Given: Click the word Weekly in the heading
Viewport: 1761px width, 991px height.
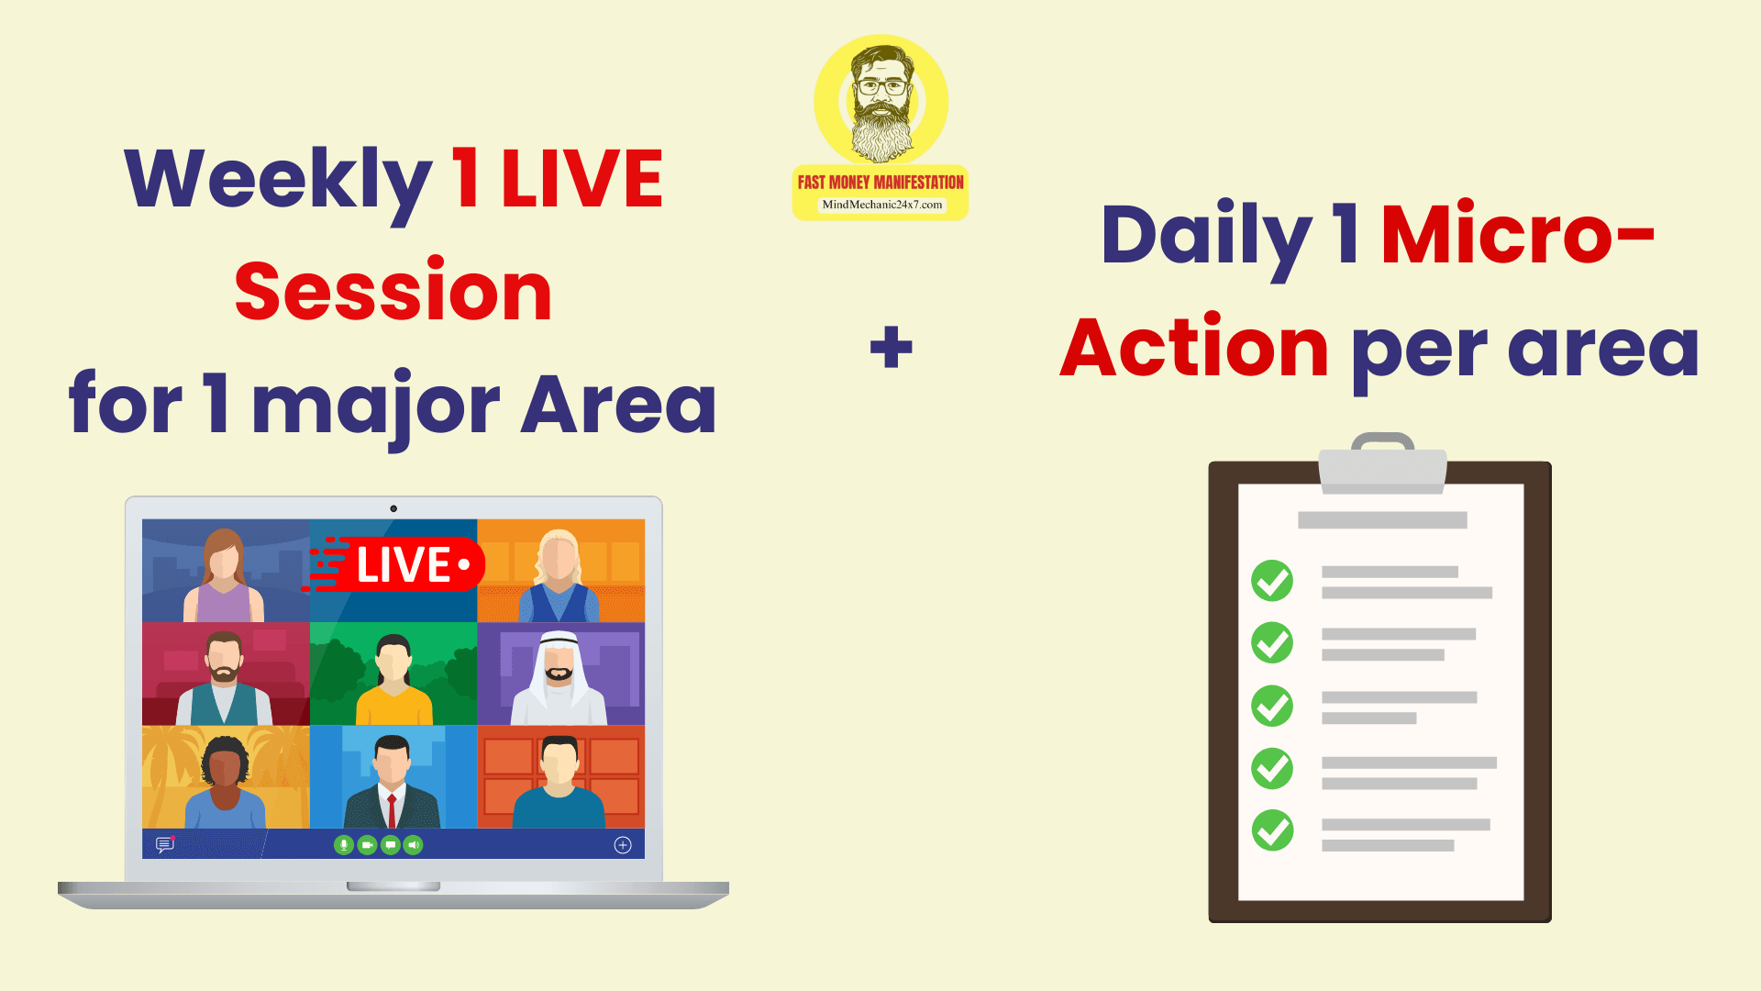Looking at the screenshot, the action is (x=278, y=182).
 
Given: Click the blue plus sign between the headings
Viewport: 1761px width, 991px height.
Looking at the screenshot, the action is (x=892, y=347).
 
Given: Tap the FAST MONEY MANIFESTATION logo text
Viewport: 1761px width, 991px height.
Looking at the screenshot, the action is (x=880, y=183).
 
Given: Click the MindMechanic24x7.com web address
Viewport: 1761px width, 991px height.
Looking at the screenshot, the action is (x=881, y=205).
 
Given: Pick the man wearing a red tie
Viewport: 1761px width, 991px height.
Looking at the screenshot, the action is (x=393, y=782).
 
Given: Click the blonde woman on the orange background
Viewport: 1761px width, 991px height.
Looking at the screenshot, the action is (x=559, y=575).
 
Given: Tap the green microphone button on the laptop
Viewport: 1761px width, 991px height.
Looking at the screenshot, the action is (x=344, y=845).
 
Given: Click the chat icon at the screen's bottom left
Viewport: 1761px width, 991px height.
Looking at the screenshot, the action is (x=165, y=844).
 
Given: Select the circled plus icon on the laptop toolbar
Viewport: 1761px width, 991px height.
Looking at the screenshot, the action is (x=623, y=845).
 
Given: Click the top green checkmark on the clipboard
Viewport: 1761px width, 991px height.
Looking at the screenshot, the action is (x=1272, y=580).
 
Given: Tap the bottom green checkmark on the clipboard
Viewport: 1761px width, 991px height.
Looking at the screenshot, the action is (x=1272, y=830).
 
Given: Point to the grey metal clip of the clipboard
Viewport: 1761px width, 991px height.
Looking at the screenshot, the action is (x=1382, y=466).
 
